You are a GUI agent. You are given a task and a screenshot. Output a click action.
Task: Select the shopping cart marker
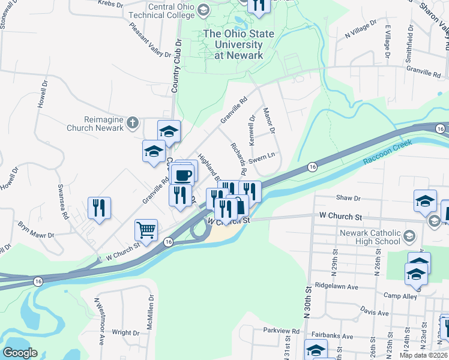click(x=146, y=229)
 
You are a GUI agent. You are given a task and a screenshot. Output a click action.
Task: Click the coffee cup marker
click(x=182, y=175)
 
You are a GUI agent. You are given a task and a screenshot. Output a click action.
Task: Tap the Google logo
click(x=20, y=353)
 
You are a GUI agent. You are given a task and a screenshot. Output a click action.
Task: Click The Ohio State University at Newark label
click(x=234, y=44)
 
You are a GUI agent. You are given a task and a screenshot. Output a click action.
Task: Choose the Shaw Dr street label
click(x=348, y=197)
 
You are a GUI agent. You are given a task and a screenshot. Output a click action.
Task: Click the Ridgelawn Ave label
click(x=336, y=287)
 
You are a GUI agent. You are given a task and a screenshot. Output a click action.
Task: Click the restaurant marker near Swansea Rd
click(x=98, y=208)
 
